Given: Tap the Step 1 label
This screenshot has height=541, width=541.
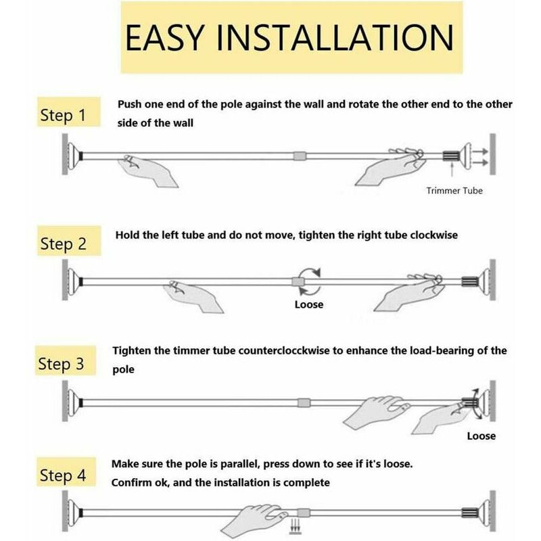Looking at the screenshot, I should pos(63,116).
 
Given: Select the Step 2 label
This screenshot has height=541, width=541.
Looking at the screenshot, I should pos(63,243).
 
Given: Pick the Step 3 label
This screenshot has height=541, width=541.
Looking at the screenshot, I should pos(63,364).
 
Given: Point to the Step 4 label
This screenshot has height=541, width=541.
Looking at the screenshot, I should pos(63,475).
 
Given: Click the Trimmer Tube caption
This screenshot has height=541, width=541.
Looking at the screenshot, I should pos(454,191).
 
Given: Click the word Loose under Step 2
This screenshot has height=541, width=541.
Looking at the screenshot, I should pos(309,304).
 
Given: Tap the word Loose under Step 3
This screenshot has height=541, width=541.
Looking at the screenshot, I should pos(481,436).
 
